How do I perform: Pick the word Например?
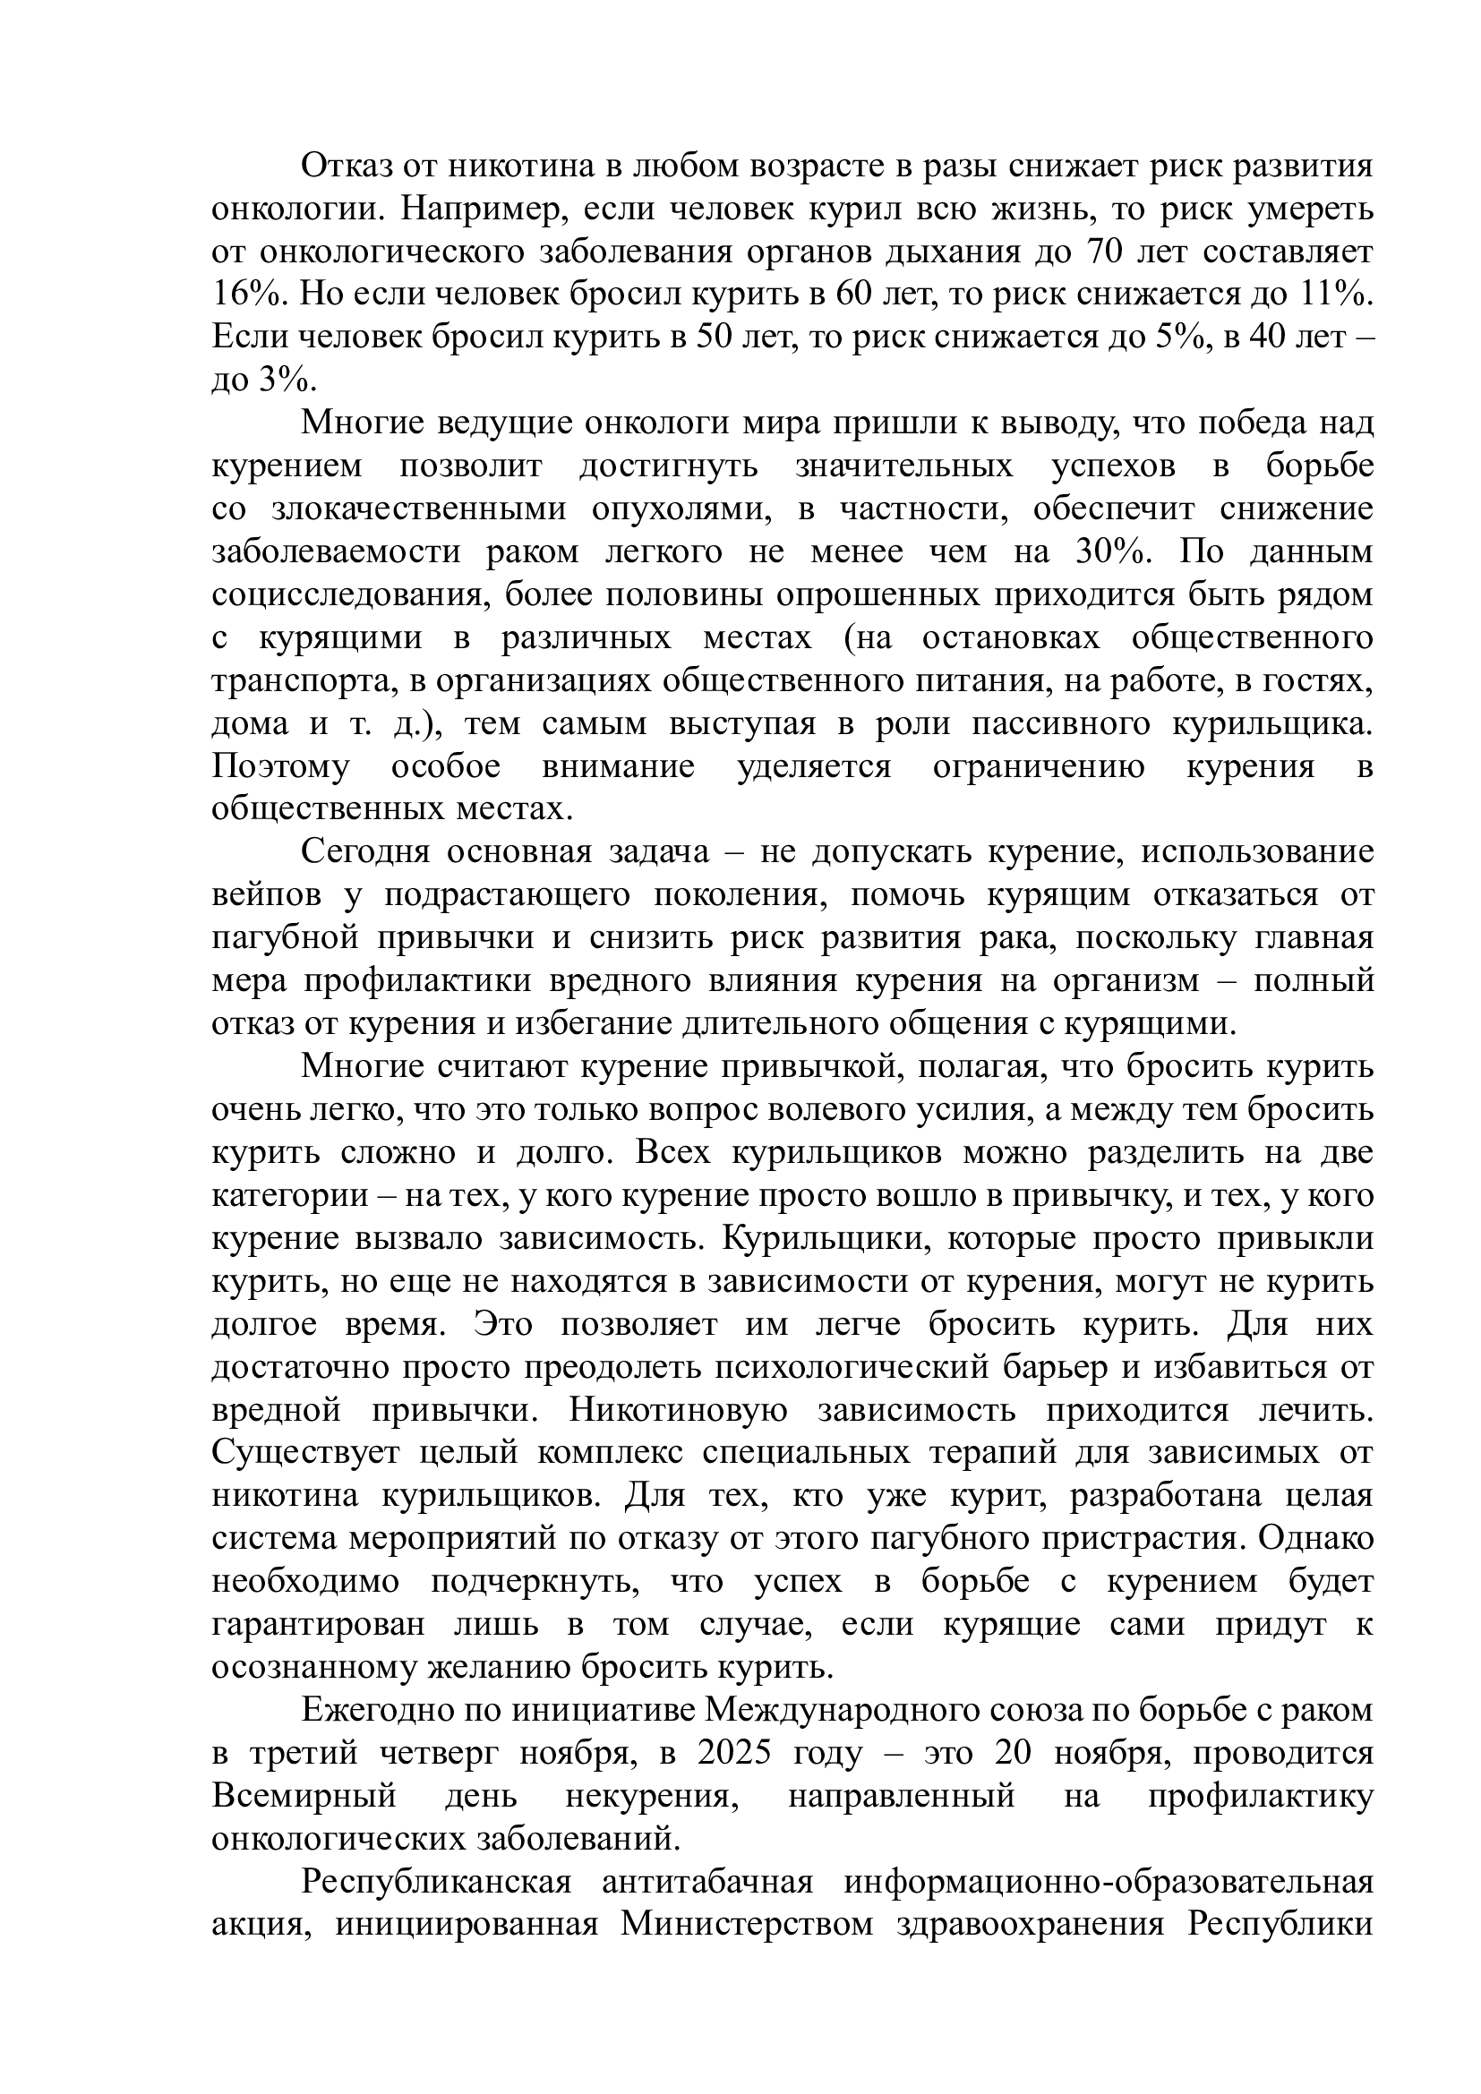(x=475, y=209)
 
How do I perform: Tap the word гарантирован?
(x=318, y=1624)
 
